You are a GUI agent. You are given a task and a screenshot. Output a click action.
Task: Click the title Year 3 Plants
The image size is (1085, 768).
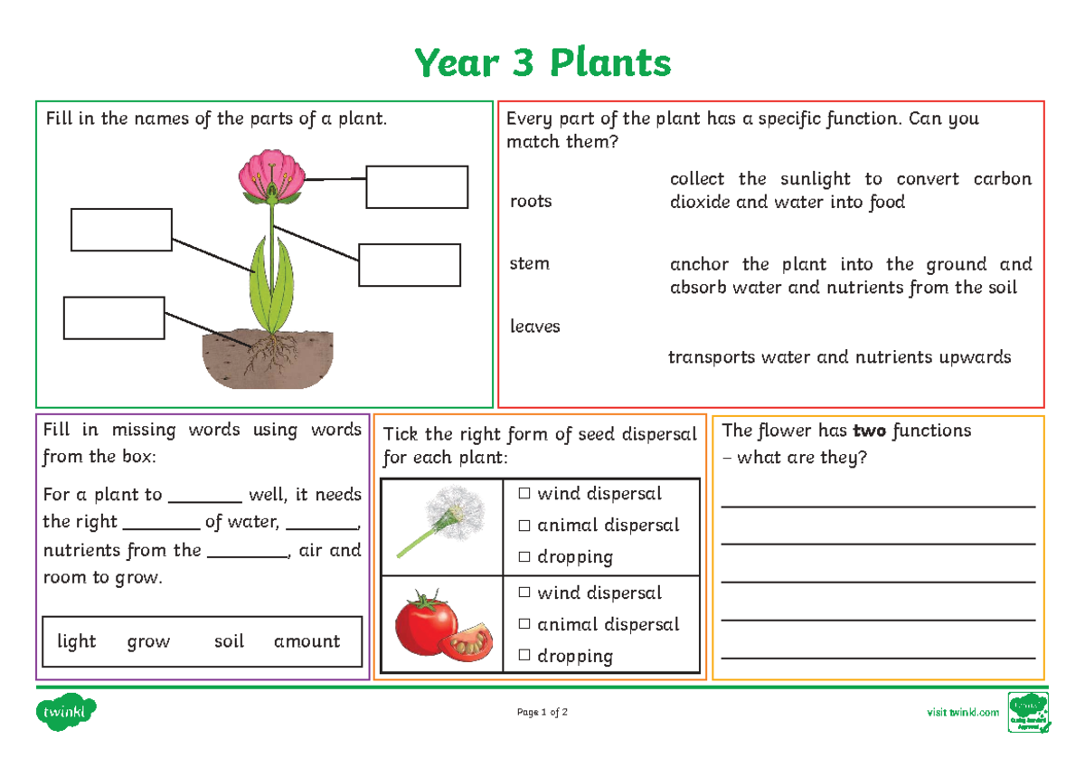542,64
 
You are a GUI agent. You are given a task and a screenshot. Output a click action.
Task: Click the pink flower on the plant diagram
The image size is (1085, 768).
272,176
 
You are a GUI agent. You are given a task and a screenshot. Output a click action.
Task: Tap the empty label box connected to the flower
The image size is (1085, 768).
417,187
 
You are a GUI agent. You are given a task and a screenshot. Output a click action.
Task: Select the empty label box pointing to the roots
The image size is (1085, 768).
114,318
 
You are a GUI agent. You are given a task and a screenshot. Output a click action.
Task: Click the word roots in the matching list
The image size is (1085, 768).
531,201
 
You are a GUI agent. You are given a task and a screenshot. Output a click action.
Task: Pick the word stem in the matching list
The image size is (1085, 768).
529,264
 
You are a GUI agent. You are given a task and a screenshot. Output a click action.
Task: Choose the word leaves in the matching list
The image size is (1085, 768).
535,327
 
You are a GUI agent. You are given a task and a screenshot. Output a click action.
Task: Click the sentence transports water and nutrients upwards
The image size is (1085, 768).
839,357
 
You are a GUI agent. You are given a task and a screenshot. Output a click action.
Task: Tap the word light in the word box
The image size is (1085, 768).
77,641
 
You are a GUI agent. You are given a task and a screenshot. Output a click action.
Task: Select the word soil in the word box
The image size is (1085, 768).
229,641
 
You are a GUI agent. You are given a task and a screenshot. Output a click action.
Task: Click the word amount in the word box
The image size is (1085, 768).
307,641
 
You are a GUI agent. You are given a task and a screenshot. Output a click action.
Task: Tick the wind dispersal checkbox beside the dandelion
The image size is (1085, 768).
524,494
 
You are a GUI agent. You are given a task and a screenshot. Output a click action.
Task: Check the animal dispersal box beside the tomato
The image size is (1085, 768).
524,624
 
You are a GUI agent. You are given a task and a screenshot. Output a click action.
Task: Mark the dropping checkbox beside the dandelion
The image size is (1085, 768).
524,557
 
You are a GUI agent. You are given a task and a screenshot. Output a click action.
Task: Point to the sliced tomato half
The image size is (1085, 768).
467,641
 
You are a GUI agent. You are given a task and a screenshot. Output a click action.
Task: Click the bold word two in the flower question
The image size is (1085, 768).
869,431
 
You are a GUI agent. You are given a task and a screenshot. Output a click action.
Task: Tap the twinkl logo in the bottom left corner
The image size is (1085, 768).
65,713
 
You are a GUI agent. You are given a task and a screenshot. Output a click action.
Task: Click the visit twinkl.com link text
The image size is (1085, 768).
963,713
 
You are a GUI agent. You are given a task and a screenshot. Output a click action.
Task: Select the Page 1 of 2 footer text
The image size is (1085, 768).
542,713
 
